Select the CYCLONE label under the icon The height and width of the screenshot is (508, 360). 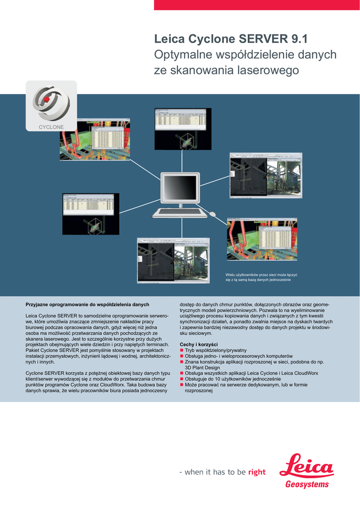(x=52, y=127)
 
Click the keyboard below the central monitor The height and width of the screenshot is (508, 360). (x=180, y=213)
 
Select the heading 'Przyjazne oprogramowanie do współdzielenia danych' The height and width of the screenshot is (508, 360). (x=87, y=304)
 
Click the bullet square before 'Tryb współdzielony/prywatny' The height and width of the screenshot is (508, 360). (x=182, y=350)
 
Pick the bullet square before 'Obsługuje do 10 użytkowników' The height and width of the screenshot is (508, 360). (x=182, y=379)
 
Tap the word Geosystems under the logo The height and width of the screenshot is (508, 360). (x=307, y=484)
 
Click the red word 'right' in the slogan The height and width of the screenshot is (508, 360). (x=257, y=472)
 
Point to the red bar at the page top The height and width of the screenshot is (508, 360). (x=257, y=5)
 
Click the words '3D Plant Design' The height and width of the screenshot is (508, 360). (x=202, y=368)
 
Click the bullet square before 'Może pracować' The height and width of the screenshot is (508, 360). (x=182, y=385)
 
